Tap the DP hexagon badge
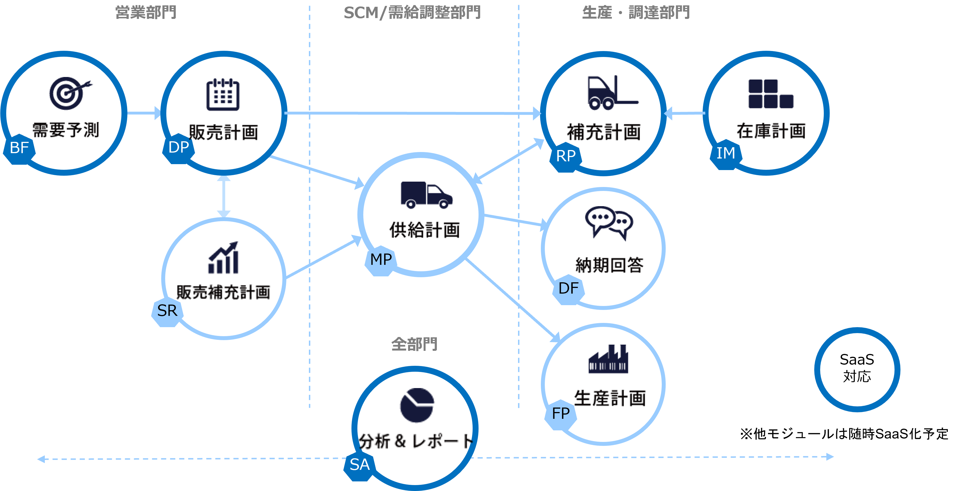(178, 148)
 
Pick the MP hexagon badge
(381, 260)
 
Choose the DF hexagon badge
(568, 289)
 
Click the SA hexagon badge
(359, 465)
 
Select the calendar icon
(223, 95)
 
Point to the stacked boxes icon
(770, 94)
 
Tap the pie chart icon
(417, 405)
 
